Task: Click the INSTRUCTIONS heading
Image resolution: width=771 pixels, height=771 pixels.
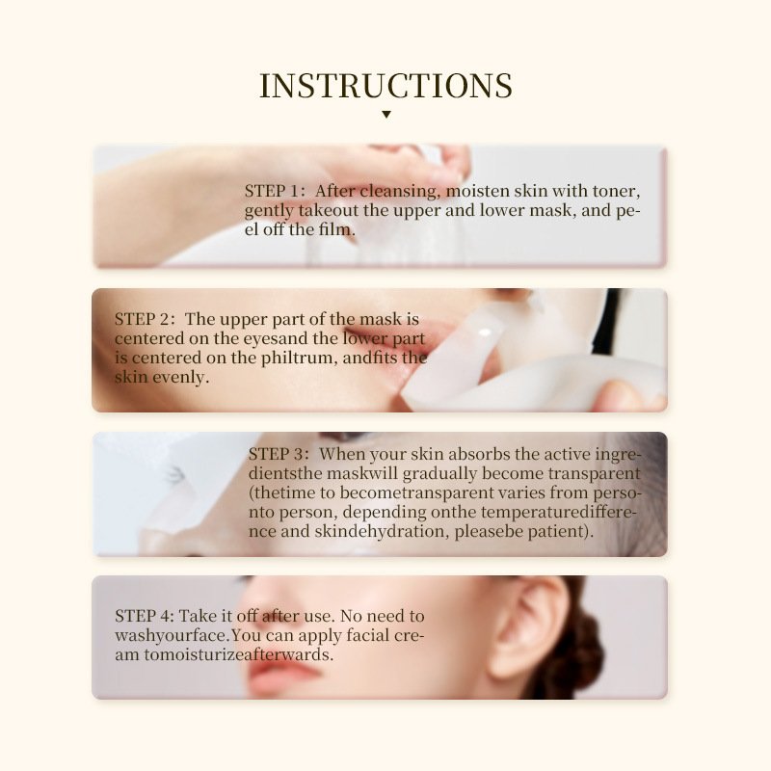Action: [385, 86]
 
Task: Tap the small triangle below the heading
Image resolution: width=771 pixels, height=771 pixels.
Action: [385, 115]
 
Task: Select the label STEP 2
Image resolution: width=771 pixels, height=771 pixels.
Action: [145, 319]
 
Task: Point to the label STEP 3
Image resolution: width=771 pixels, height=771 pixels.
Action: [279, 454]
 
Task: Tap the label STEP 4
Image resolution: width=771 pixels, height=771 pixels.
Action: [145, 616]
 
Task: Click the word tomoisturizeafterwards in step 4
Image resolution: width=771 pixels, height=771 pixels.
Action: [225, 655]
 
